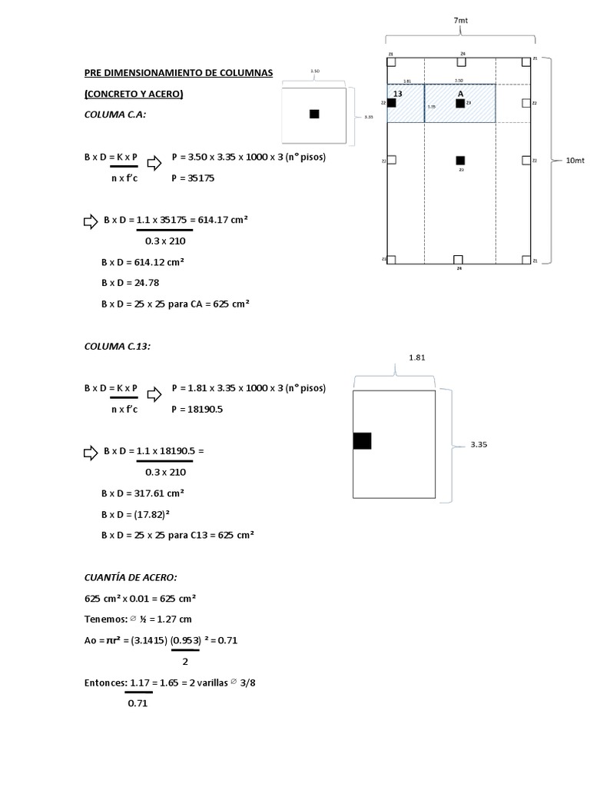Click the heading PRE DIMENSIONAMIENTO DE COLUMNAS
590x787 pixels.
click(178, 74)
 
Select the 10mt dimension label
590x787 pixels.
click(574, 161)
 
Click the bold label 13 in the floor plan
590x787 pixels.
click(397, 93)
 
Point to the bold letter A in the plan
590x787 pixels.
click(461, 93)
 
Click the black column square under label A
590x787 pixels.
click(460, 103)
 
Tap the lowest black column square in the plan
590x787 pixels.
click(460, 160)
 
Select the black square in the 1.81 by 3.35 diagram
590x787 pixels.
click(362, 440)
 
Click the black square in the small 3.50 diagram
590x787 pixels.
click(313, 114)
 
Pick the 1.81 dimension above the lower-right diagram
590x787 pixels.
click(416, 357)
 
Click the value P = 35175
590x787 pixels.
click(193, 178)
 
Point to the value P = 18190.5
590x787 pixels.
click(197, 410)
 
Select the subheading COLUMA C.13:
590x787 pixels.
click(118, 346)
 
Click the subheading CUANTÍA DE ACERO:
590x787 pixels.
click(131, 577)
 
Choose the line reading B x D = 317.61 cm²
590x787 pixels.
click(142, 493)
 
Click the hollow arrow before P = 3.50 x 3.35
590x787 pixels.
click(154, 163)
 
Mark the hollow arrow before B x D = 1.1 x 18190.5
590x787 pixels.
click(91, 452)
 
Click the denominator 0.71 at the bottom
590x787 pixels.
click(138, 702)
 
